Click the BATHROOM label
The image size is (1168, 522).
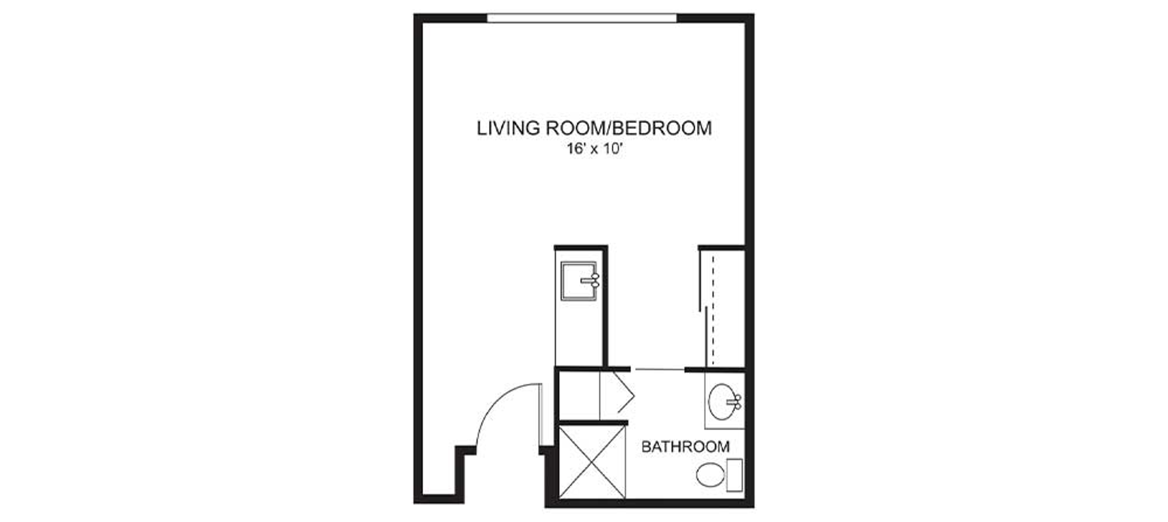[686, 447]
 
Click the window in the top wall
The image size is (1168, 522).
[582, 18]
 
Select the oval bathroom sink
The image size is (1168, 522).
[722, 402]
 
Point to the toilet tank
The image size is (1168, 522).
[735, 475]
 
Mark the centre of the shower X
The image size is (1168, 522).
[592, 462]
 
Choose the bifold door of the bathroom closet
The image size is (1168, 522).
[624, 392]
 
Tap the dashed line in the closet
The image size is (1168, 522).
[713, 311]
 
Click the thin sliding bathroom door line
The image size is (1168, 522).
[660, 370]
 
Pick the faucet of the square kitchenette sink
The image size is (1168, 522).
[592, 281]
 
